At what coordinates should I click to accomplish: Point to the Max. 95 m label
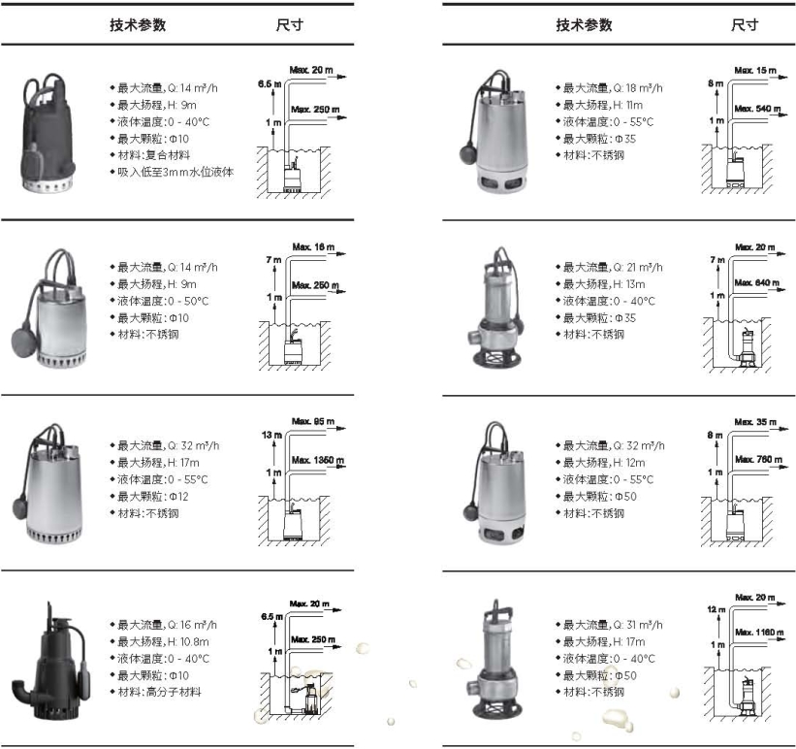coord(313,422)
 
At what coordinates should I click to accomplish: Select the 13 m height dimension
coord(272,436)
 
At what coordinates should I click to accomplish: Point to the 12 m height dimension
coord(716,608)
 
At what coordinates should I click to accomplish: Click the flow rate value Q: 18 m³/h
coord(613,87)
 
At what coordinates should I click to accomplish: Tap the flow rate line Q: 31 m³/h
coord(613,624)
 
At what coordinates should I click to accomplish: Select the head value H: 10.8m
coord(163,641)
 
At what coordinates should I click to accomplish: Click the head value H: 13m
coord(602,283)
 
